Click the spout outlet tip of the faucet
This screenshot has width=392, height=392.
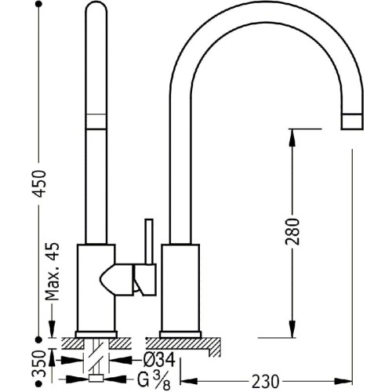[x=353, y=121]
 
